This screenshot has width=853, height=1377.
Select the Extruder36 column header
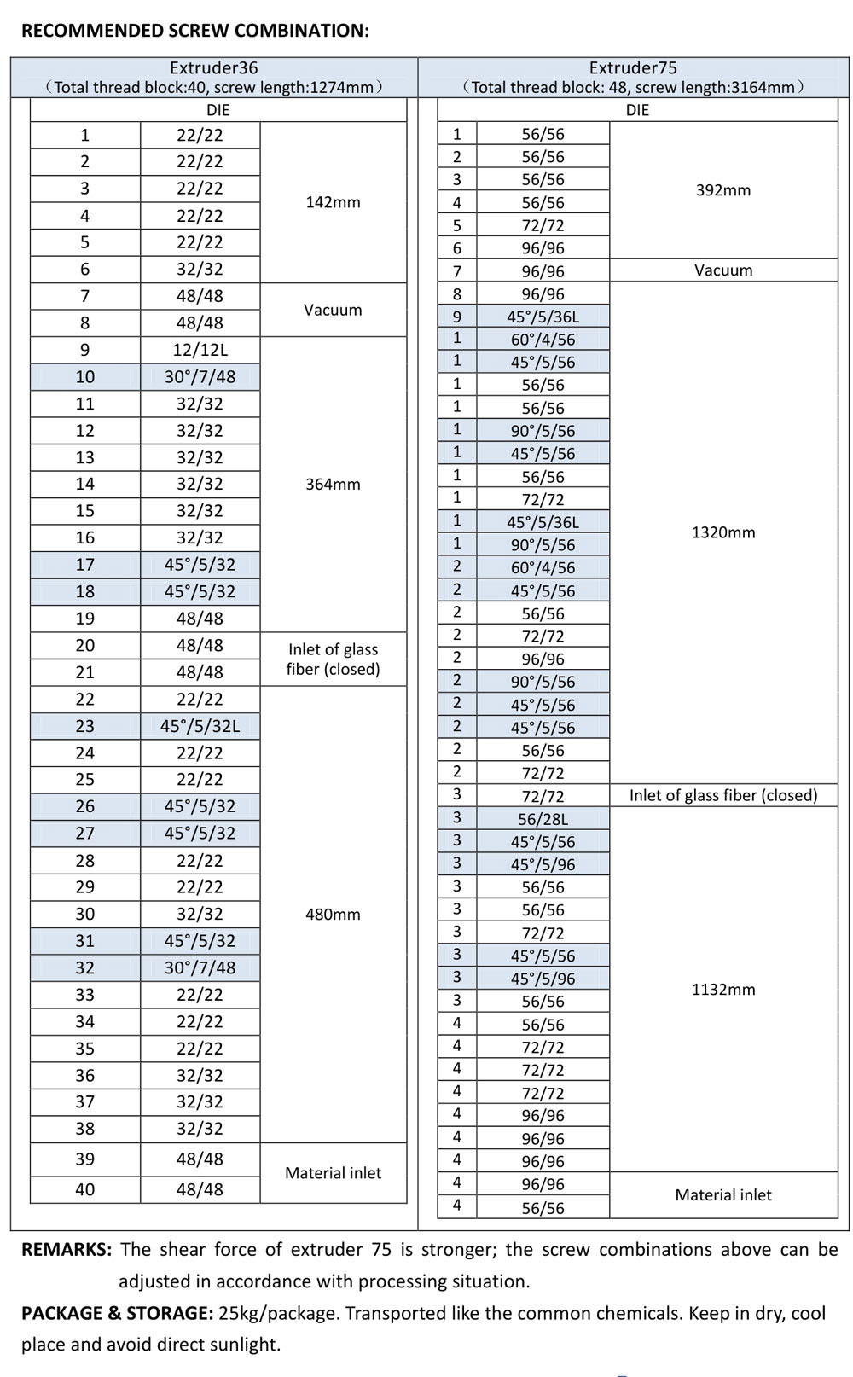[x=213, y=68]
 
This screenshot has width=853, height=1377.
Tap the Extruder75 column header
[x=633, y=68]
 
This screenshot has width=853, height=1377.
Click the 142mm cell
[x=333, y=202]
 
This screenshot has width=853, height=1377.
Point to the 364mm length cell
[x=333, y=484]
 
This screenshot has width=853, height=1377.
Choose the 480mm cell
[x=333, y=914]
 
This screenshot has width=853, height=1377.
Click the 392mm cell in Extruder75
[x=723, y=190]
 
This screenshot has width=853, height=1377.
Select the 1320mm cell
[x=723, y=532]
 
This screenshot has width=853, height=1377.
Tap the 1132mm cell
[x=723, y=990]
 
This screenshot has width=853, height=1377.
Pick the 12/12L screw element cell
[x=200, y=350]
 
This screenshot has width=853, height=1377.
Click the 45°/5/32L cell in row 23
[x=200, y=726]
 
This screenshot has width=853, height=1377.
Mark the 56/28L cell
[x=543, y=819]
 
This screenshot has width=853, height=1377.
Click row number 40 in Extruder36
[x=85, y=1189]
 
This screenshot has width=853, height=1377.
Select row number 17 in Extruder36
[x=85, y=565]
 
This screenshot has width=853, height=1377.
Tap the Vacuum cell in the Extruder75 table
[x=723, y=270]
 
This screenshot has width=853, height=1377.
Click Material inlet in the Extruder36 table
[x=333, y=1173]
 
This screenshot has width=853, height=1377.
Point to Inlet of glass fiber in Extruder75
[x=723, y=795]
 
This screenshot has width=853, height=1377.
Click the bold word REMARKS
[x=67, y=1250]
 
